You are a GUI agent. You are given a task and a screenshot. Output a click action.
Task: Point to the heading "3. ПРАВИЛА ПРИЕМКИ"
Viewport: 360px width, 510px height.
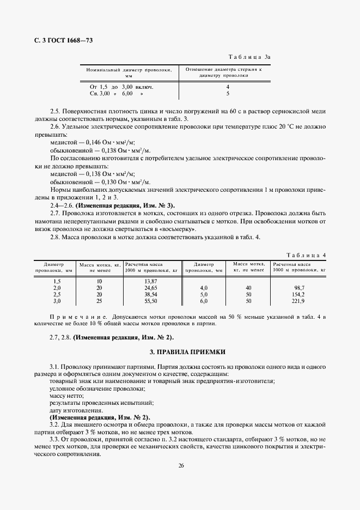[180, 352]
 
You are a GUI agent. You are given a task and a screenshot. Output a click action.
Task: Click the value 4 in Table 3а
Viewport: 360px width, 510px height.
[228, 87]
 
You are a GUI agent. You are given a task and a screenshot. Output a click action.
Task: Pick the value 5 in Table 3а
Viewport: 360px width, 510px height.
[228, 93]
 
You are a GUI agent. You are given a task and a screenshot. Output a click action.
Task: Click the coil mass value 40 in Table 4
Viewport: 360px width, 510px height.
[248, 287]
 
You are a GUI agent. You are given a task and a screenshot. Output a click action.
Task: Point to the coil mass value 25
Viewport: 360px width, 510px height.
[99, 301]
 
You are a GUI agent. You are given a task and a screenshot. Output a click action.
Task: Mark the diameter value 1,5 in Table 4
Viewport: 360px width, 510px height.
[56, 281]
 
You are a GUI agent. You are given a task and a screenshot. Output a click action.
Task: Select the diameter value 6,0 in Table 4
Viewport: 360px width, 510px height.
[204, 301]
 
